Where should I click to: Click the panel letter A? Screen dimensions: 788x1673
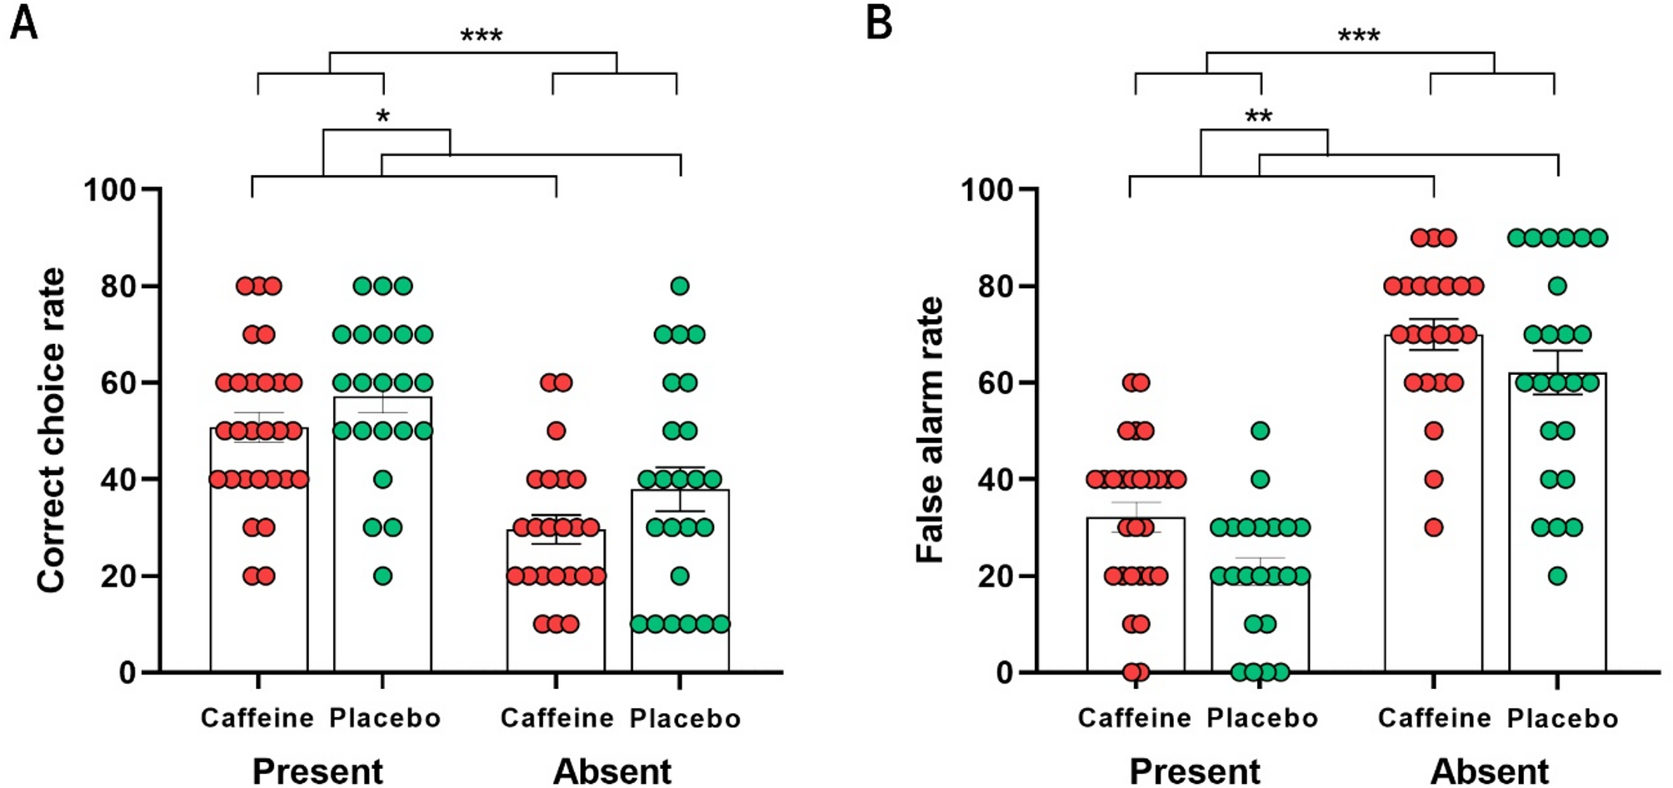[x=23, y=22]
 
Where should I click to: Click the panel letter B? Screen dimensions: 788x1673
[x=879, y=22]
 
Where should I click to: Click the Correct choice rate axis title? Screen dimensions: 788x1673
[x=52, y=431]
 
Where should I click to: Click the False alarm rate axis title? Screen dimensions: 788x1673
[x=930, y=431]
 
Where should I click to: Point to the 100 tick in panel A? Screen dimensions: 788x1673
[x=109, y=190]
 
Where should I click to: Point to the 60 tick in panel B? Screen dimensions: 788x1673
[x=995, y=383]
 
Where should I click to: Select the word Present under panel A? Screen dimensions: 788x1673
[x=317, y=771]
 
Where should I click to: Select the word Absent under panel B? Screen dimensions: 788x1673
[x=1490, y=771]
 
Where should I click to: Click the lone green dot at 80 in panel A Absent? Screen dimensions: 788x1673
[x=680, y=287]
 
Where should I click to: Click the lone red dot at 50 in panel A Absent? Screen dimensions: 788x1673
[x=556, y=431]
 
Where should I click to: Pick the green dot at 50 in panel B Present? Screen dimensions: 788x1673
[x=1260, y=431]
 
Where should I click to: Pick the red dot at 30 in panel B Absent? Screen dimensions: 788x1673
[x=1433, y=527]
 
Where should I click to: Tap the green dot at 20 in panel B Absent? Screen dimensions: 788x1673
[x=1557, y=576]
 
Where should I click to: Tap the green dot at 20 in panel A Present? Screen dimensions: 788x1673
[x=382, y=576]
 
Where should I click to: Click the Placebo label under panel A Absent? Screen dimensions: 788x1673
[x=685, y=718]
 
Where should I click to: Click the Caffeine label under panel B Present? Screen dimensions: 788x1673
[x=1134, y=718]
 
